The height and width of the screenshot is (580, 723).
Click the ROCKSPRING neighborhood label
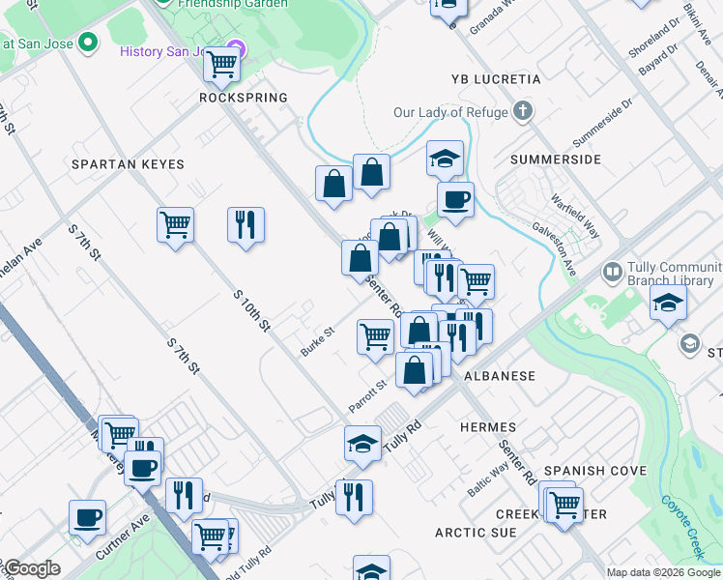click(244, 98)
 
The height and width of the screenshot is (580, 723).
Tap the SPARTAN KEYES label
click(128, 164)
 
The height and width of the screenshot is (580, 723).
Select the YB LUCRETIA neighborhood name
click(496, 78)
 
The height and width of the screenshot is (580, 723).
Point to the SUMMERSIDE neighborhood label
click(556, 159)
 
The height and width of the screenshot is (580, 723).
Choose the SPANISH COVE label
click(594, 471)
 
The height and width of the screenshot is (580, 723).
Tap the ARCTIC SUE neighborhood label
click(476, 532)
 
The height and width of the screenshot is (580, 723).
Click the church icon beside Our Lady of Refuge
click(523, 111)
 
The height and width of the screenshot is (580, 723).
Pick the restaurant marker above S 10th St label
click(246, 224)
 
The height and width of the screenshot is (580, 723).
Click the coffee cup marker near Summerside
click(455, 199)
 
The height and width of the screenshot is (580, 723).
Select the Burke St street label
click(316, 341)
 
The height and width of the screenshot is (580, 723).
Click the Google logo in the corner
click(32, 569)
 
